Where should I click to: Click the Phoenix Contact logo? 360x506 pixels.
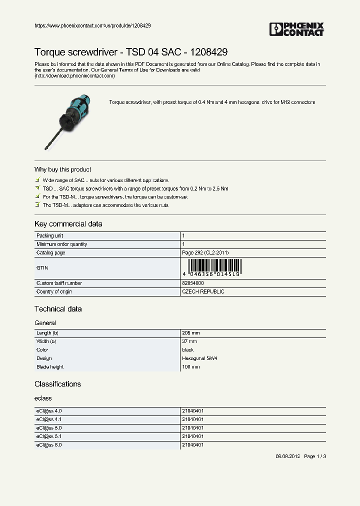[x=296, y=29]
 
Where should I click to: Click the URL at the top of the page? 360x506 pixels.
[x=92, y=25]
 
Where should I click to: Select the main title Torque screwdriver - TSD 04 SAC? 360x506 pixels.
[x=131, y=52]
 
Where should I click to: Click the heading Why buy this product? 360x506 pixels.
[x=62, y=169]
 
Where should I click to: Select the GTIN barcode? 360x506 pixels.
[x=212, y=268]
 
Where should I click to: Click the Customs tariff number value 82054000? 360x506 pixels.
[x=193, y=283]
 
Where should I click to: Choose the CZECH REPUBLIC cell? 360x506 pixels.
[x=203, y=291]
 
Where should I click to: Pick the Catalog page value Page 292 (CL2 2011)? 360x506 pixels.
[x=205, y=253]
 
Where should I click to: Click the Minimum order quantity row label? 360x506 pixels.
[x=61, y=244]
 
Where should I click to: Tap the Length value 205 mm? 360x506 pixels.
[x=190, y=333]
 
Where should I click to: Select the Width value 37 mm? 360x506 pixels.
[x=189, y=341]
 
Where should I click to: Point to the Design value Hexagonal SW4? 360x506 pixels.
[x=199, y=358]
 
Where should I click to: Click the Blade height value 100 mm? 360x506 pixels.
[x=190, y=367]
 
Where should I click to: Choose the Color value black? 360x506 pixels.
[x=187, y=350]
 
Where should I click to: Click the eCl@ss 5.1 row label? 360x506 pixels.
[x=48, y=436]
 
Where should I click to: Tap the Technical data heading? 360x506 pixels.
[x=58, y=309]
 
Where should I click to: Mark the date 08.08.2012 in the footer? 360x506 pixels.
[x=288, y=456]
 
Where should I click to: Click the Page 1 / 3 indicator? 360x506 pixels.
[x=315, y=456]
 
